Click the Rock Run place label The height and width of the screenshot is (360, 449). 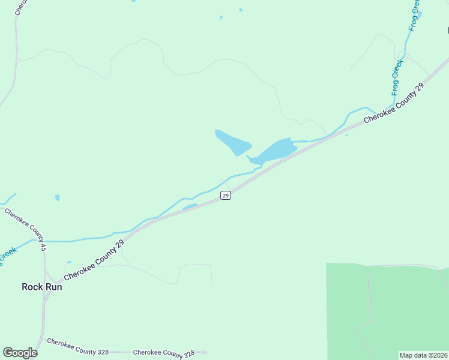coord(42,287)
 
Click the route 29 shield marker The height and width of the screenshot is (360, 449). coord(225,196)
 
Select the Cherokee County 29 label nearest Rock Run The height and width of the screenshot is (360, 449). coord(94,259)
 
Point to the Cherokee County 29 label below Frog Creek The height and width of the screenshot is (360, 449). coord(394,103)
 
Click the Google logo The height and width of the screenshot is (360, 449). coord(20,353)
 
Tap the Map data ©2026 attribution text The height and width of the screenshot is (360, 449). coord(423,355)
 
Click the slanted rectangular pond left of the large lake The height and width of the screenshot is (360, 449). coord(232,143)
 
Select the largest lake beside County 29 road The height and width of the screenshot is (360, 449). coord(274,151)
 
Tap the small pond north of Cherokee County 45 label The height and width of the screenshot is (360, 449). coord(58,197)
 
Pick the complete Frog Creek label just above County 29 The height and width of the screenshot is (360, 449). coord(397,77)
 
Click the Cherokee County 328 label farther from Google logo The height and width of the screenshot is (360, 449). coord(163,353)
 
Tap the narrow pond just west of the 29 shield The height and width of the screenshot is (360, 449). coord(190,207)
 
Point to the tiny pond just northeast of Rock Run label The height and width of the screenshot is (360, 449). coord(69,262)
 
